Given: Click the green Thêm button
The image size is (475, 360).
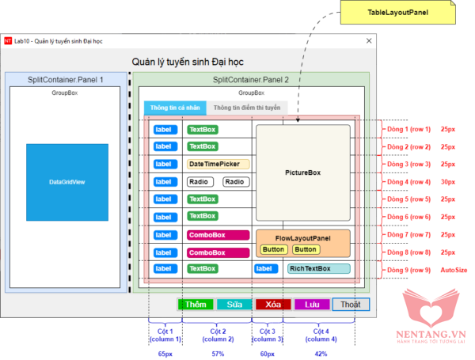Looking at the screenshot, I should coord(195,304).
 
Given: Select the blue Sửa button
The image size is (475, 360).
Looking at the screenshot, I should coord(234,304).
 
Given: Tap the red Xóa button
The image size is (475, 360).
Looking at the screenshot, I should coord(273,304).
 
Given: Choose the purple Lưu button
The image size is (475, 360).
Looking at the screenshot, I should coord(312,304).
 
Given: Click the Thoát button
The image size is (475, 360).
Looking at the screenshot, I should coord(351,304).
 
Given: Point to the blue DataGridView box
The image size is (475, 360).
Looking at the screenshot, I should coord(66,182).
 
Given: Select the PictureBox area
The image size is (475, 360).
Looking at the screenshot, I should coord(302,172).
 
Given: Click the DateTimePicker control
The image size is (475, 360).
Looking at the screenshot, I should coord(218,164).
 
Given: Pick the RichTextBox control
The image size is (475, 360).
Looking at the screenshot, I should coord(318,269).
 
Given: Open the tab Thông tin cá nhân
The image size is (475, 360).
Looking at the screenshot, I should coord(175,108).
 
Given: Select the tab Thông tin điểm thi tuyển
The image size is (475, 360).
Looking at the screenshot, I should coord(246,108).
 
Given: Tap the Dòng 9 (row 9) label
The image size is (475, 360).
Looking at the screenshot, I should coord(408,270).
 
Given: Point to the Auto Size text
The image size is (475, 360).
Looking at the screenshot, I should coord(454,270).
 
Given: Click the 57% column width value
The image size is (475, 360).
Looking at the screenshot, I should coord(217,354).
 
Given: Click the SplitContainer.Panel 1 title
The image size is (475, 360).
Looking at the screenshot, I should coord(66,81).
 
